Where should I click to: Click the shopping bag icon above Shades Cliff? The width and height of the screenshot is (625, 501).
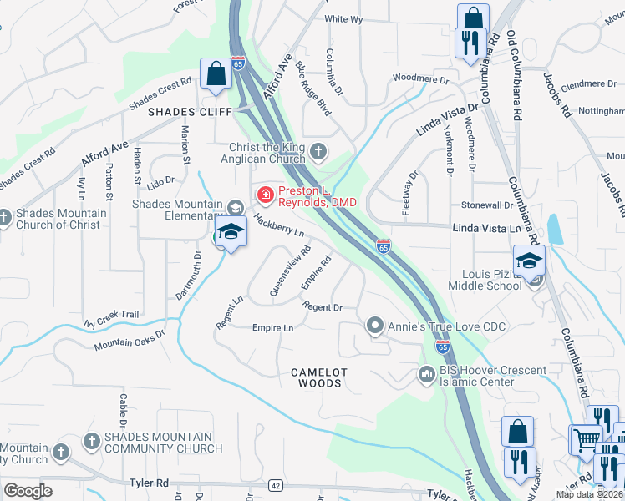tap(216, 73)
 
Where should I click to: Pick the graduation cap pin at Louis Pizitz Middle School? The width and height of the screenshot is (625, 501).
tap(529, 261)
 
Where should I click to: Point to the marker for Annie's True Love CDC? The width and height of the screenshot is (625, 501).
tap(376, 324)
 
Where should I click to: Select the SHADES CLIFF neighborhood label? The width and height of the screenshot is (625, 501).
tap(183, 111)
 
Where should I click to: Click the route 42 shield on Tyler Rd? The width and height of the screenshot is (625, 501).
tap(274, 485)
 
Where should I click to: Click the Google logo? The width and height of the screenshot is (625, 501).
tap(28, 491)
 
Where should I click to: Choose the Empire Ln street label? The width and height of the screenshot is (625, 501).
tap(272, 328)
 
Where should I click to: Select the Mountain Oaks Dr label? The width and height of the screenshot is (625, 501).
tap(130, 339)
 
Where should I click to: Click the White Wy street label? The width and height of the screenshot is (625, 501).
tap(343, 19)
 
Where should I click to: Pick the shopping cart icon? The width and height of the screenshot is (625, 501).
tap(585, 439)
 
